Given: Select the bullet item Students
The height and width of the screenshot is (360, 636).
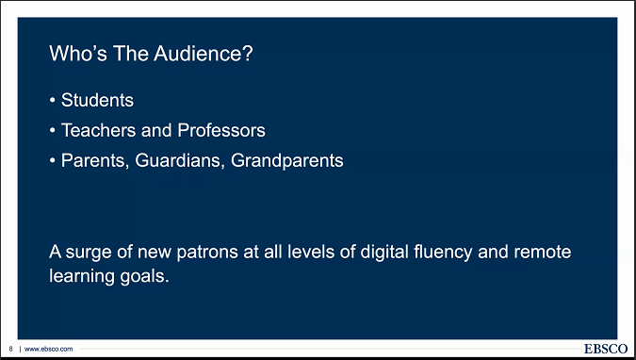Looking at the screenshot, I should (x=97, y=99).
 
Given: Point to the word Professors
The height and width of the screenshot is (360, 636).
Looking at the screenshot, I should (x=216, y=129).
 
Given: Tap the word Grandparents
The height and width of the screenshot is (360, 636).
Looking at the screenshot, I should (x=286, y=160).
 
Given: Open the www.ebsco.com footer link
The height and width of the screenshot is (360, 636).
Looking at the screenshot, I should (x=48, y=349).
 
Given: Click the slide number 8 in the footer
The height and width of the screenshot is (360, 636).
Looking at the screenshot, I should (x=9, y=349).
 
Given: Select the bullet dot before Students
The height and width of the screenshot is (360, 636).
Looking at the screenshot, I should (x=53, y=100).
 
